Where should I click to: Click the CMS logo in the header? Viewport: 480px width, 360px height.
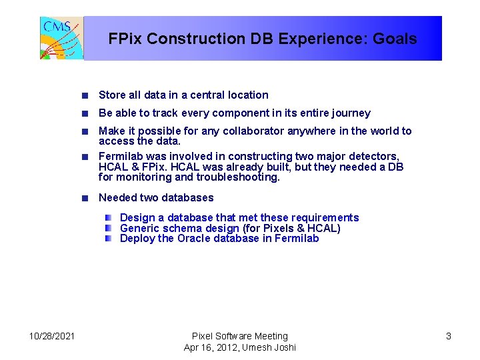62,38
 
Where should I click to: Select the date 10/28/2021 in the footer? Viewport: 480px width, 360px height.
52,336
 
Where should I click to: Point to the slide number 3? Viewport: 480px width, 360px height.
448,336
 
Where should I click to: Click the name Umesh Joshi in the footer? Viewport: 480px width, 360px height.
271,347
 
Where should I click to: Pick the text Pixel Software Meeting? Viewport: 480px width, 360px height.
239,336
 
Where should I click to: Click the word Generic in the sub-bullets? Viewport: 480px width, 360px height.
140,228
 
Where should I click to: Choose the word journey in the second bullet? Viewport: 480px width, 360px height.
351,113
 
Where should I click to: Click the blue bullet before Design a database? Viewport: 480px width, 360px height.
108,218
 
